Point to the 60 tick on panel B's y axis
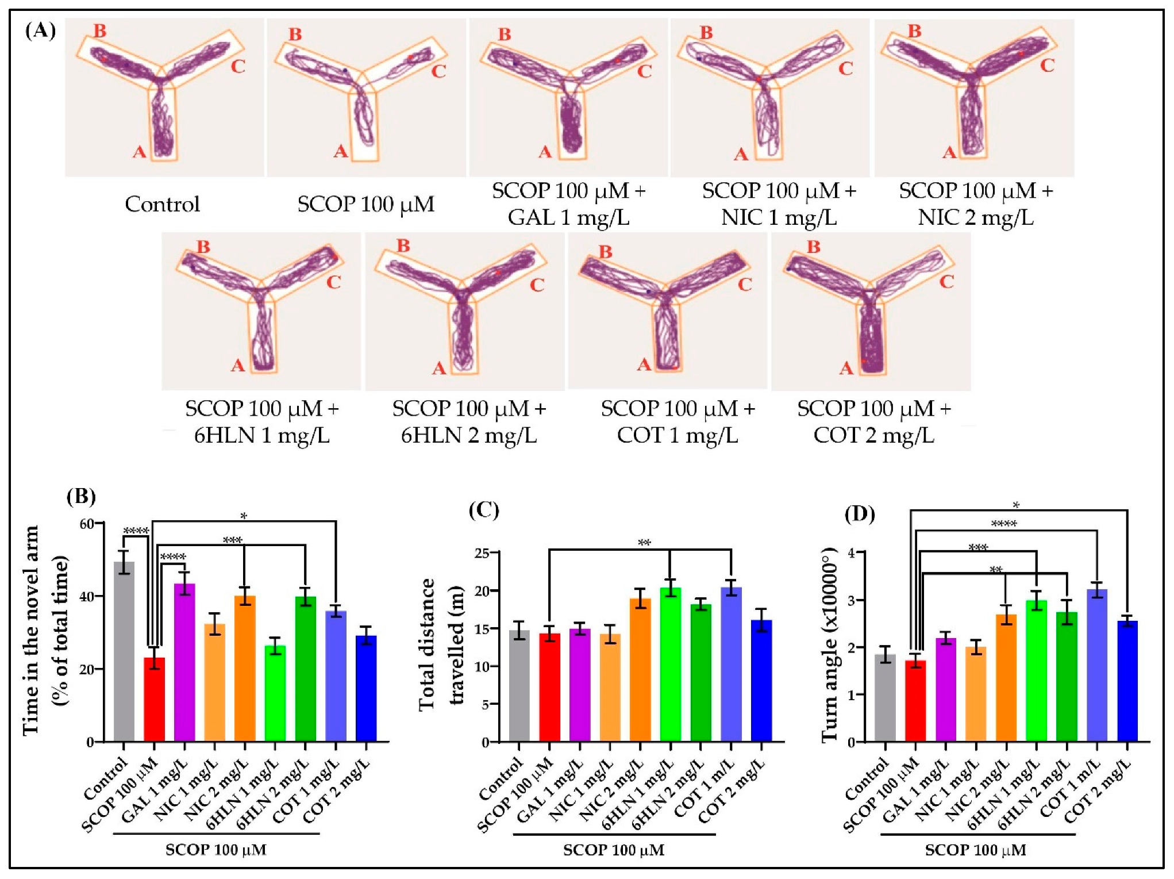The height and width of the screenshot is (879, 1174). [87, 524]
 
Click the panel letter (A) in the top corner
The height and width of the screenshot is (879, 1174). [40, 30]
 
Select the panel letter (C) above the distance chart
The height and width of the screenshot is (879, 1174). [484, 510]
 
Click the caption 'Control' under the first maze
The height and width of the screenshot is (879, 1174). [163, 204]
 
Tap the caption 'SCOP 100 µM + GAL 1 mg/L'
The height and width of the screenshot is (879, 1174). [569, 204]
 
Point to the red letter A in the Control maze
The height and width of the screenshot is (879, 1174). [140, 152]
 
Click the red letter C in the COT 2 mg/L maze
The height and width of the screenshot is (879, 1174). [946, 282]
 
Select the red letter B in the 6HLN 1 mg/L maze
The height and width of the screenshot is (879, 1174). [203, 247]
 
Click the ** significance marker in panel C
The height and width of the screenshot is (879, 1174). [644, 543]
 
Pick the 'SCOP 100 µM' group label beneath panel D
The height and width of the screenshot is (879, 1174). [976, 850]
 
